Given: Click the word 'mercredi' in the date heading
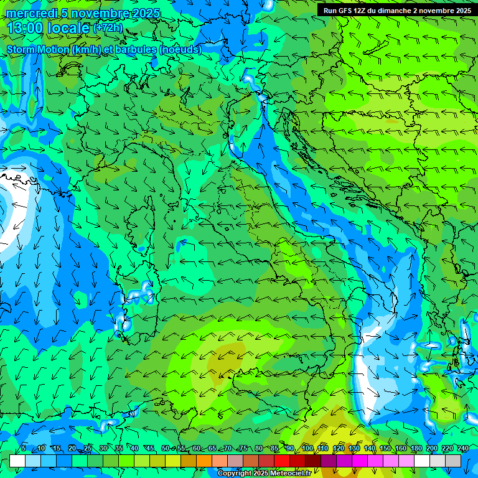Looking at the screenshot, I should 30,13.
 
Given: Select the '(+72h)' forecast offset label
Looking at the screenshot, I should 108,28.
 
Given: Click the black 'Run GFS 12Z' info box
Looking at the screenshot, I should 396,11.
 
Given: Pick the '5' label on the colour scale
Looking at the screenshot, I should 24,449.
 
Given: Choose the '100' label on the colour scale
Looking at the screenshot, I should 307,449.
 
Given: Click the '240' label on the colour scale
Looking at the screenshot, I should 463,449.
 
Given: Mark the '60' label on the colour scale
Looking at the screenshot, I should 197,449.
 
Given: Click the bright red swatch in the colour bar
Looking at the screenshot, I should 282,461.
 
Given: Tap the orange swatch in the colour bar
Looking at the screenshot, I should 204,461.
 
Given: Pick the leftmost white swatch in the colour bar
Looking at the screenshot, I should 17,461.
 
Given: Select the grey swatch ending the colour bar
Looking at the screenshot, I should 453,461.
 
